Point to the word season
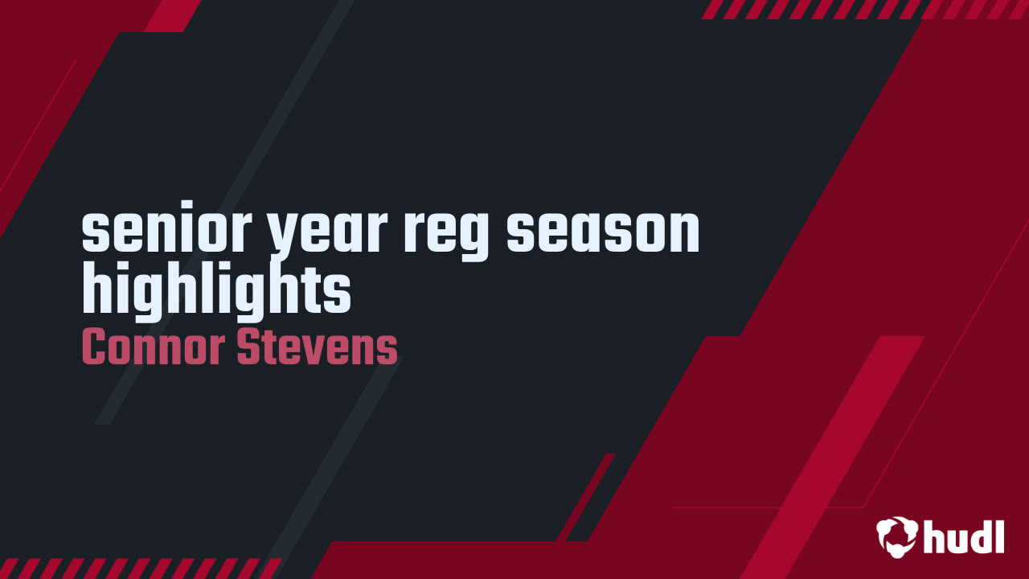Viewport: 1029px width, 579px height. coord(603,233)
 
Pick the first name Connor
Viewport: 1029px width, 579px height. coord(154,347)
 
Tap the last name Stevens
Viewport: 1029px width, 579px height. coord(318,347)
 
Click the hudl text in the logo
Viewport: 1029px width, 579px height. coord(964,536)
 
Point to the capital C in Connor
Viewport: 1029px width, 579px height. coord(93,347)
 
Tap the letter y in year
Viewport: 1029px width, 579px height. coord(283,238)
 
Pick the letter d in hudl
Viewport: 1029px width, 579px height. coord(982,536)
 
